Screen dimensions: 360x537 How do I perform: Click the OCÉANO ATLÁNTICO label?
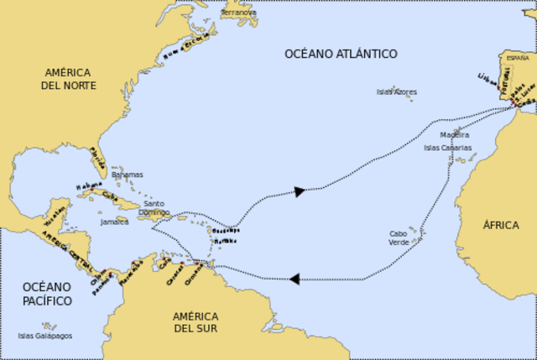(341, 54)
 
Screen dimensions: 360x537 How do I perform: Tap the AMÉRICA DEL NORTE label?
(70, 79)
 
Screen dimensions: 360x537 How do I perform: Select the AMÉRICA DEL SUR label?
(196, 322)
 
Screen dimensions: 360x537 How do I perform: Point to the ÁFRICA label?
(501, 225)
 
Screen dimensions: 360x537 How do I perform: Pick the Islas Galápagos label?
(45, 336)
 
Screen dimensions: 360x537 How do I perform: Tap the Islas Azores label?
(396, 91)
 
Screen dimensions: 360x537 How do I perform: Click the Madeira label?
(454, 134)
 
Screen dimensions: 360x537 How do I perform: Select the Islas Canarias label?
(447, 147)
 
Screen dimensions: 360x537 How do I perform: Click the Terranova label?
(238, 13)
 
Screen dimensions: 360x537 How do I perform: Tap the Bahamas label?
(127, 175)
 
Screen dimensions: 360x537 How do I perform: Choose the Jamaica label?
(114, 222)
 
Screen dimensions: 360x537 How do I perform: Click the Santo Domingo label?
(154, 208)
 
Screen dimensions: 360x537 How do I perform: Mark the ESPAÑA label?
(517, 58)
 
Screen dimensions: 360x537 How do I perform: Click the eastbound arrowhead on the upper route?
(299, 191)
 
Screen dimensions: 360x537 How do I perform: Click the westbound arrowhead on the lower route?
(295, 278)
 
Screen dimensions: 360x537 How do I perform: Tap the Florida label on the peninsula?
(98, 155)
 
